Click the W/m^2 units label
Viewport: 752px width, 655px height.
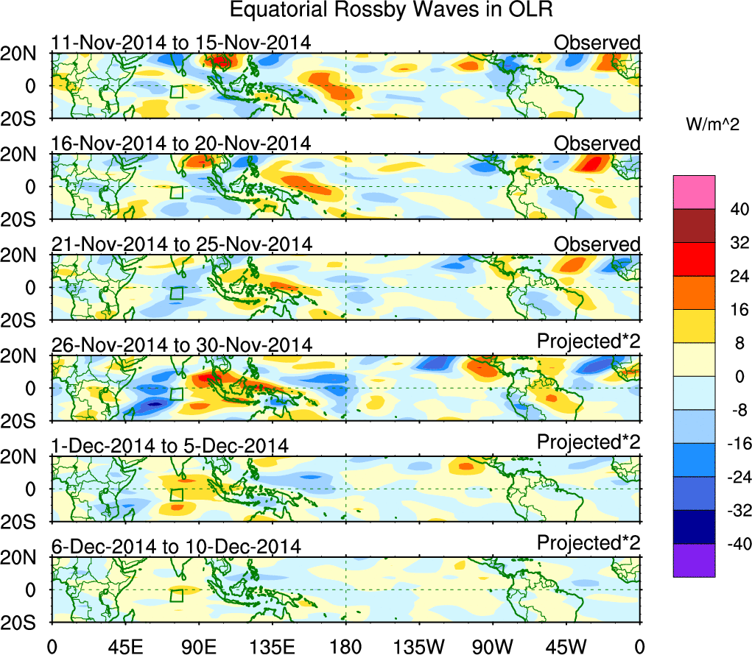(x=712, y=125)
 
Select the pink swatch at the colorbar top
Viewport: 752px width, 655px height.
(x=693, y=192)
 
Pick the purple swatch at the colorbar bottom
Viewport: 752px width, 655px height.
(x=693, y=560)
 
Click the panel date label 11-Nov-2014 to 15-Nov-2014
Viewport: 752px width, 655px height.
(x=180, y=43)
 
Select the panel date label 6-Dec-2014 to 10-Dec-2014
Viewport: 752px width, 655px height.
(x=176, y=547)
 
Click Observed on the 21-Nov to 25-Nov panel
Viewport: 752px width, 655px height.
(x=597, y=244)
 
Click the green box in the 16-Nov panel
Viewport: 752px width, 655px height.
(x=176, y=192)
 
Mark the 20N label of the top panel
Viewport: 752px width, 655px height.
(x=26, y=53)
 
